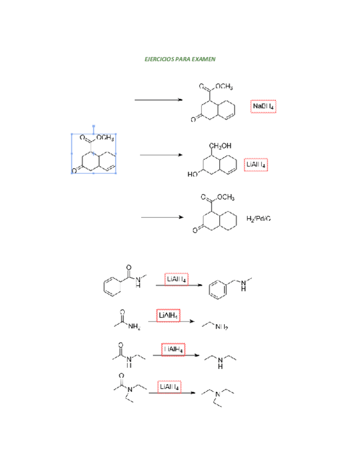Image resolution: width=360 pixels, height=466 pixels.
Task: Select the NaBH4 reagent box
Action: pos(263,106)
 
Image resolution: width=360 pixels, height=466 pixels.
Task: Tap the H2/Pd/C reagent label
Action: pos(258,218)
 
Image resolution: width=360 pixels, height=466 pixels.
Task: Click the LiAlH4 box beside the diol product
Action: pos(257,164)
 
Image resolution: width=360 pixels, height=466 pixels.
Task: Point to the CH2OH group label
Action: pos(220,146)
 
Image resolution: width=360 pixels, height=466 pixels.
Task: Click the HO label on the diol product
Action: pos(193,174)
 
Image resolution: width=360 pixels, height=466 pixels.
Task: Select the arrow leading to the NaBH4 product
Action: pos(158,99)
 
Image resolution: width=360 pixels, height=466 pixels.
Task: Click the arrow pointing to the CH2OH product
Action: pos(160,155)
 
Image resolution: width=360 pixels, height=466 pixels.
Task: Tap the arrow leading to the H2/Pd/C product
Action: pos(162,217)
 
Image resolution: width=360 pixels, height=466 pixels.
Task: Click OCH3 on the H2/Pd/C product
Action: pos(225,198)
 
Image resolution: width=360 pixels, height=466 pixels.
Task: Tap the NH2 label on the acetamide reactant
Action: pos(134,328)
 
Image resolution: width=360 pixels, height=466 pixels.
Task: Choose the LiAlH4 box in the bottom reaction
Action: pos(169,387)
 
